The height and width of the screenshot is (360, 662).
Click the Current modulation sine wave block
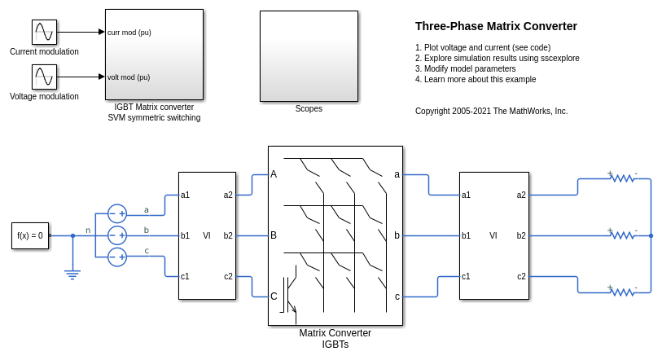pos(44,32)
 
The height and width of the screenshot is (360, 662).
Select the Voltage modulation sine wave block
pos(44,77)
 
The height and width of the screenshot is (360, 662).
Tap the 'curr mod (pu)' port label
pos(129,33)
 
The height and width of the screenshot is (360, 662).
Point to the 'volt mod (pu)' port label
pos(129,77)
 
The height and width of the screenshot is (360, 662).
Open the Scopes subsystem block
pos(309,56)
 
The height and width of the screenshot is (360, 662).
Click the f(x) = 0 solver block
pos(30,235)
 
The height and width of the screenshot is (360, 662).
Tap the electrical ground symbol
pos(72,274)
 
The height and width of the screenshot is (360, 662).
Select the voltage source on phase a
pos(117,214)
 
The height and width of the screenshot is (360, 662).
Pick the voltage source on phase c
pos(117,257)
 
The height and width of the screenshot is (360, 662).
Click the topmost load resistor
pos(623,178)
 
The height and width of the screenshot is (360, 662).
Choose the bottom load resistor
pos(623,292)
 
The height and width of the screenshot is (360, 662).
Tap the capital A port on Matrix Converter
pos(274,174)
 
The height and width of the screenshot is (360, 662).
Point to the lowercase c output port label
pos(397,296)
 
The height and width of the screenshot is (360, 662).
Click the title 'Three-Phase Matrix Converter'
pos(496,26)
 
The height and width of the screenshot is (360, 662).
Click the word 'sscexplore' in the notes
pos(560,59)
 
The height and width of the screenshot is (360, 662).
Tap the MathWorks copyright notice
pos(492,111)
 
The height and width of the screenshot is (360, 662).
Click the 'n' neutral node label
pos(88,230)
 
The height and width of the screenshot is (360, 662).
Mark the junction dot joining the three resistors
pos(651,235)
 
